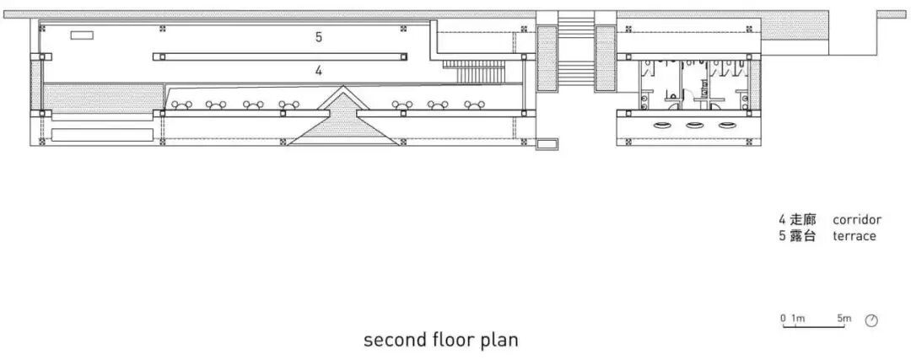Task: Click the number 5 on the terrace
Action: coord(319,37)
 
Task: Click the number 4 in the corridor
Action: coord(319,72)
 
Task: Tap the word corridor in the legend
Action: coord(856,220)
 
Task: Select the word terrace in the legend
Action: coord(854,236)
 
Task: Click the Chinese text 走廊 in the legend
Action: coord(805,220)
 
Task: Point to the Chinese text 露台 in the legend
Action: coord(805,236)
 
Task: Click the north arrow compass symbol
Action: coord(871,320)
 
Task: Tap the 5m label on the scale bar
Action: coord(844,318)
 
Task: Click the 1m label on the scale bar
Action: coord(797,318)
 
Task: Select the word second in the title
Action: coord(391,341)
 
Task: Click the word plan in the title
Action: coord(499,341)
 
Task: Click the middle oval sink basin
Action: coord(694,126)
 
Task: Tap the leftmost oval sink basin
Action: coord(662,126)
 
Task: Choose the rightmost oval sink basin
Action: coord(726,126)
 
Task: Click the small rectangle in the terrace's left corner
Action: coord(81,35)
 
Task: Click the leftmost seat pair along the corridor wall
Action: coord(181,105)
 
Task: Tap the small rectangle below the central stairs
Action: coord(547,144)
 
